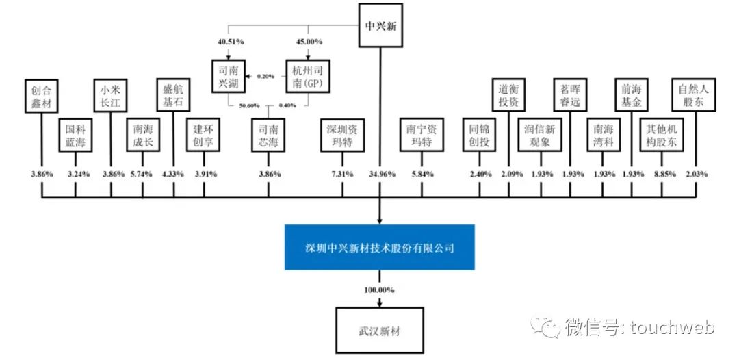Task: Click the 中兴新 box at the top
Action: point(380,26)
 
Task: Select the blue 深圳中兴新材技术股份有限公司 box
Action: point(380,247)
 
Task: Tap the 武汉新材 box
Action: point(380,330)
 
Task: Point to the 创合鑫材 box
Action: point(42,97)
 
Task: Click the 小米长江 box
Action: point(111,97)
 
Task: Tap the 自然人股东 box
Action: point(695,97)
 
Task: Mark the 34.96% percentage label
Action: point(380,174)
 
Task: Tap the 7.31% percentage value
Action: point(342,174)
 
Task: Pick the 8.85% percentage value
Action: point(662,174)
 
